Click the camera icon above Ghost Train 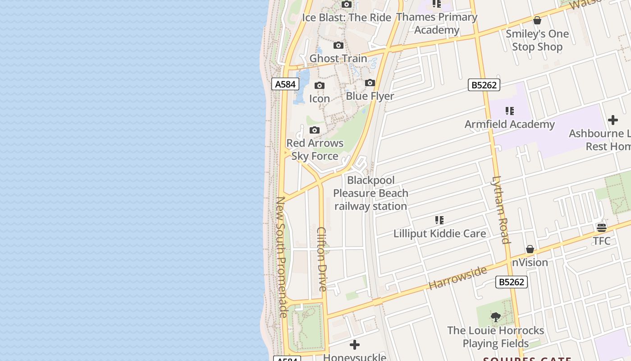pyautogui.click(x=338, y=46)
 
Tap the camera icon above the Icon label pyautogui.click(x=320, y=86)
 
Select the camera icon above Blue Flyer pyautogui.click(x=370, y=83)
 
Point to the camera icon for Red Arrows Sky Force pyautogui.click(x=315, y=130)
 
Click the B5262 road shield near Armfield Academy pyautogui.click(x=484, y=85)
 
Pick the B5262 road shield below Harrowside pyautogui.click(x=512, y=282)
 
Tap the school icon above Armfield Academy pyautogui.click(x=510, y=111)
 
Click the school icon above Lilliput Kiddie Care pyautogui.click(x=439, y=220)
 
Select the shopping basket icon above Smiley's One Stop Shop pyautogui.click(x=537, y=20)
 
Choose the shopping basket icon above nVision pyautogui.click(x=530, y=250)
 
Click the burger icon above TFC pyautogui.click(x=602, y=227)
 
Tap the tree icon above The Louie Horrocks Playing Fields pyautogui.click(x=495, y=317)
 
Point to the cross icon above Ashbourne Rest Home pyautogui.click(x=613, y=120)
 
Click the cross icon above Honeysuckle pyautogui.click(x=355, y=345)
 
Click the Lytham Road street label pyautogui.click(x=500, y=210)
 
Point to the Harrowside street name pyautogui.click(x=457, y=278)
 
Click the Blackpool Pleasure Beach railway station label pyautogui.click(x=370, y=193)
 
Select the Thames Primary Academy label pyautogui.click(x=437, y=23)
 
